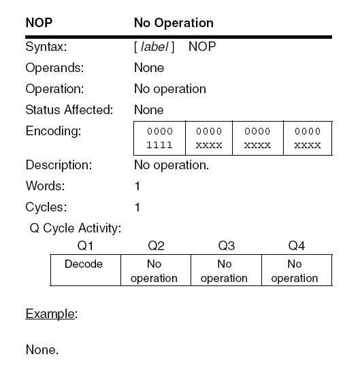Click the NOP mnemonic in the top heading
(x=39, y=23)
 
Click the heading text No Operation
(x=174, y=23)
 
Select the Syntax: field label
(x=46, y=48)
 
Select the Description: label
(x=59, y=165)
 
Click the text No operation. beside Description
(x=171, y=165)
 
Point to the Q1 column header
(x=84, y=245)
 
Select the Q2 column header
(x=156, y=245)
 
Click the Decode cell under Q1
(x=84, y=264)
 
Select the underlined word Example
(x=50, y=315)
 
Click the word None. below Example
(x=42, y=351)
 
